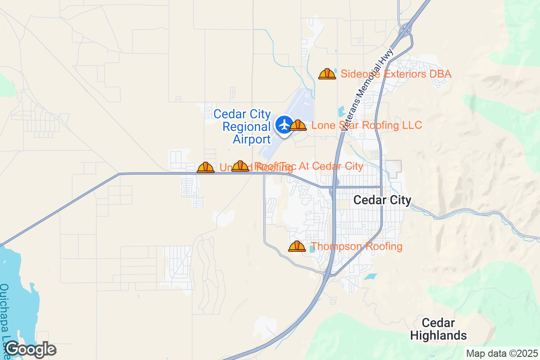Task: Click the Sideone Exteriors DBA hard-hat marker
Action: [x=327, y=74]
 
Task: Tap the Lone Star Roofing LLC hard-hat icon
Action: [x=298, y=125]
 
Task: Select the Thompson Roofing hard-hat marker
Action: [x=297, y=247]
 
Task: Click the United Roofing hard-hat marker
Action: [x=206, y=168]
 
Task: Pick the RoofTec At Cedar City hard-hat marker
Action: [x=240, y=166]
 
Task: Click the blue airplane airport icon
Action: [x=284, y=124]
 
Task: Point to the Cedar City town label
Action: [x=382, y=200]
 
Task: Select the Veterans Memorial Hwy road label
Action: [x=367, y=90]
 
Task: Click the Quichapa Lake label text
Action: [x=6, y=315]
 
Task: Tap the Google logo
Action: [x=30, y=349]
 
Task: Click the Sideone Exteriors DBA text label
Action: [x=396, y=74]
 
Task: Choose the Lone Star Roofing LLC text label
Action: [x=367, y=125]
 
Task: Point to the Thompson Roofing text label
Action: [x=356, y=247]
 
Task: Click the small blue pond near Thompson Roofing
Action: [x=312, y=249]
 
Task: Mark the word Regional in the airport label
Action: [x=247, y=127]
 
